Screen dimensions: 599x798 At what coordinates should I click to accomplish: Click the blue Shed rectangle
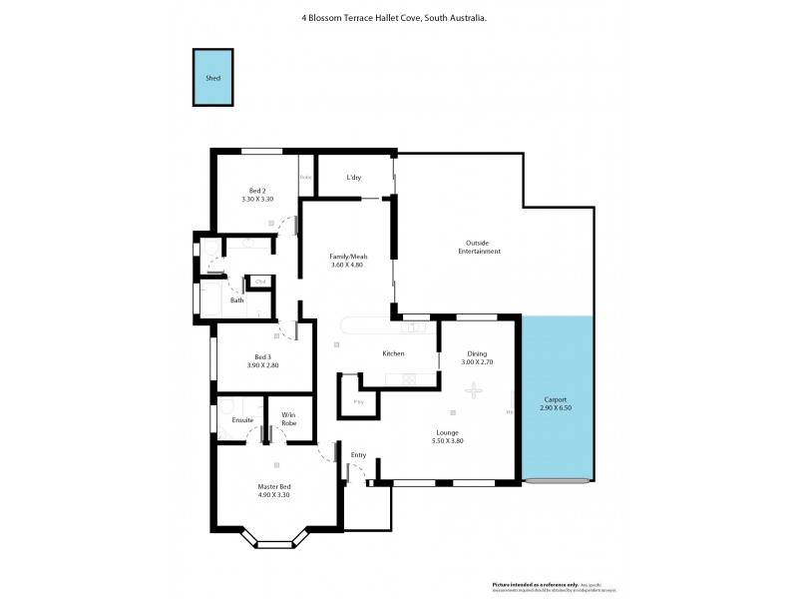pyautogui.click(x=212, y=78)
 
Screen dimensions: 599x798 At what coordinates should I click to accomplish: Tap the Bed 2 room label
pyautogui.click(x=257, y=191)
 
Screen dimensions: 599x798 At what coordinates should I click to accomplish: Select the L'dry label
pyautogui.click(x=354, y=178)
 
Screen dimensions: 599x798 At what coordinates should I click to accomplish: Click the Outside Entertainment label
pyautogui.click(x=483, y=247)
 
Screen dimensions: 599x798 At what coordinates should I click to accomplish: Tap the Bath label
pyautogui.click(x=236, y=300)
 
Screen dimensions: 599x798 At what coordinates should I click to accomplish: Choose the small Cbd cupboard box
pyautogui.click(x=260, y=283)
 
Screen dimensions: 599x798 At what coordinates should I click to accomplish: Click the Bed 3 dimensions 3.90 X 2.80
pyautogui.click(x=263, y=365)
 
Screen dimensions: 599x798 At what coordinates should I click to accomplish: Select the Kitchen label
pyautogui.click(x=393, y=354)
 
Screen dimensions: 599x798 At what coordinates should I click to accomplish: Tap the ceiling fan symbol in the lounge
pyautogui.click(x=477, y=391)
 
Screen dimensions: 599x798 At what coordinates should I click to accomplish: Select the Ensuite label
pyautogui.click(x=242, y=419)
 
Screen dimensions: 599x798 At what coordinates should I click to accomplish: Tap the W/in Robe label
pyautogui.click(x=288, y=419)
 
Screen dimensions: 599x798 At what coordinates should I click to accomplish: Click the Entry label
pyautogui.click(x=358, y=455)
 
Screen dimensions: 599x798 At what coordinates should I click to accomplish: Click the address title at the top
pyautogui.click(x=394, y=17)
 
